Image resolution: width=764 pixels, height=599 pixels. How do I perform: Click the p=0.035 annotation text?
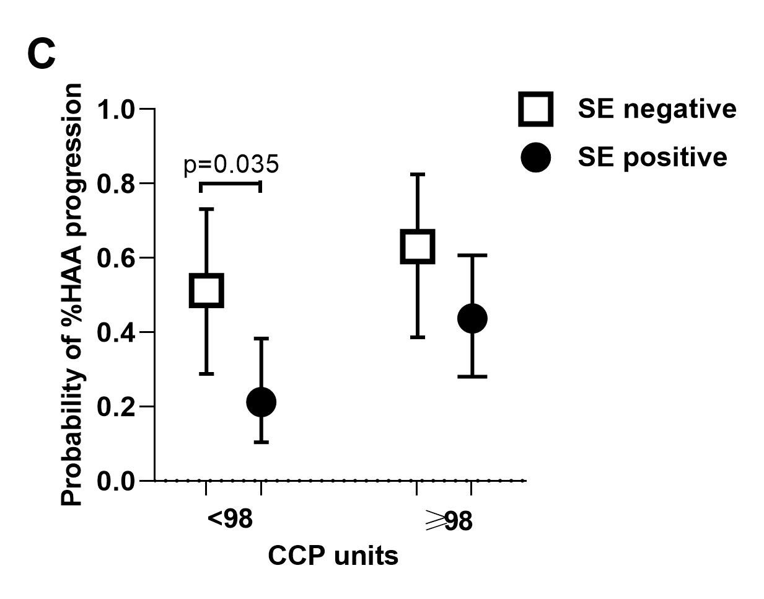(231, 165)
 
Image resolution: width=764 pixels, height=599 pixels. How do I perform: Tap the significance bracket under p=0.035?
(231, 184)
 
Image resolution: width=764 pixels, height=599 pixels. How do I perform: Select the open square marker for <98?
(206, 290)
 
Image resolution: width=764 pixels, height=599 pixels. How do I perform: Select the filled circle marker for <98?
(261, 402)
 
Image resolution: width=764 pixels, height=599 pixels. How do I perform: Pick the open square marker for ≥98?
(417, 246)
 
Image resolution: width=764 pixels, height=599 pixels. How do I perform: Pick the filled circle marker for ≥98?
(472, 318)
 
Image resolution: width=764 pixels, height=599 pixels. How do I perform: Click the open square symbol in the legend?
(535, 109)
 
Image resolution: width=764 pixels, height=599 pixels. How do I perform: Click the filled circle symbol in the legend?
(535, 158)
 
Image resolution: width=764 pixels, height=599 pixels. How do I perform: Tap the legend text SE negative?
(657, 109)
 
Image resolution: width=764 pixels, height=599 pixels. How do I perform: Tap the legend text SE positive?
(652, 158)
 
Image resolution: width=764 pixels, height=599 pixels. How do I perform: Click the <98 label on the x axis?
(231, 519)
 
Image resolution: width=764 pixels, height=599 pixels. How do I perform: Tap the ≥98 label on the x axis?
(449, 521)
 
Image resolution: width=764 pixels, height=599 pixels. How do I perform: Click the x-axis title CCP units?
(333, 556)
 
